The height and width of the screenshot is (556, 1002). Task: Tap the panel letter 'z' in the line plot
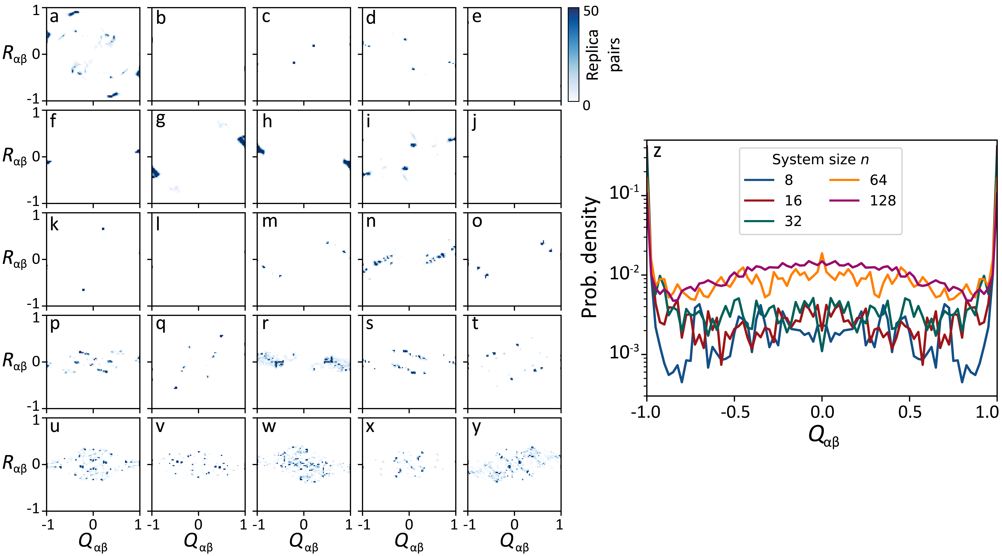coord(657,151)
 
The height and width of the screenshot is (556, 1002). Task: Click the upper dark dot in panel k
coord(103,229)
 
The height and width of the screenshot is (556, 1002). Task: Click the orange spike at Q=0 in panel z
coord(822,254)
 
